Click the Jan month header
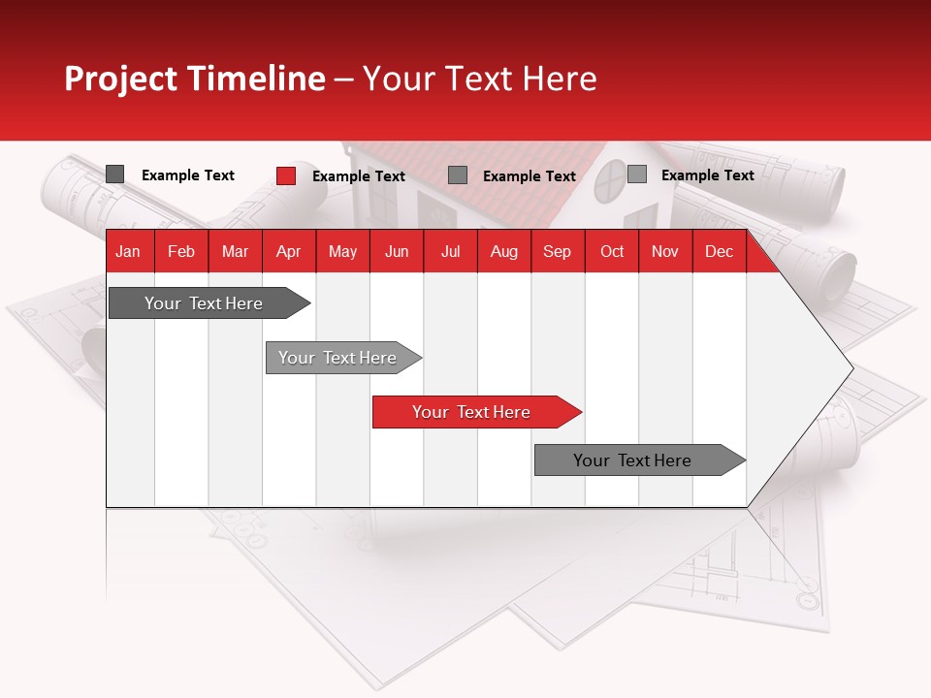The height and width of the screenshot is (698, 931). click(128, 251)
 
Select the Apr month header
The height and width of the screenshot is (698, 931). click(288, 251)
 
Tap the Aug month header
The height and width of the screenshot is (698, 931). click(503, 251)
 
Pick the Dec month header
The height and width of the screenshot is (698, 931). click(719, 251)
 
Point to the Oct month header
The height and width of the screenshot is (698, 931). click(611, 251)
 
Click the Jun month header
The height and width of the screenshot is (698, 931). click(396, 251)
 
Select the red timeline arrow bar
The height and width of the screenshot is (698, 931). click(475, 412)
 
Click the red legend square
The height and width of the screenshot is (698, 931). click(286, 175)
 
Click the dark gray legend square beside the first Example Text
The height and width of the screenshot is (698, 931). click(115, 174)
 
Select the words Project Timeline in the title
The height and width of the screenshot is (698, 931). click(194, 79)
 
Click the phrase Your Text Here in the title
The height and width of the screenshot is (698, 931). click(479, 79)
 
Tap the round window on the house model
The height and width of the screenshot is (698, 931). click(611, 180)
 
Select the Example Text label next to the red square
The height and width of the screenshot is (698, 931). click(358, 176)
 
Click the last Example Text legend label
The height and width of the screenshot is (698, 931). click(707, 175)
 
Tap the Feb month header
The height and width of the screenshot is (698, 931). click(181, 251)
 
